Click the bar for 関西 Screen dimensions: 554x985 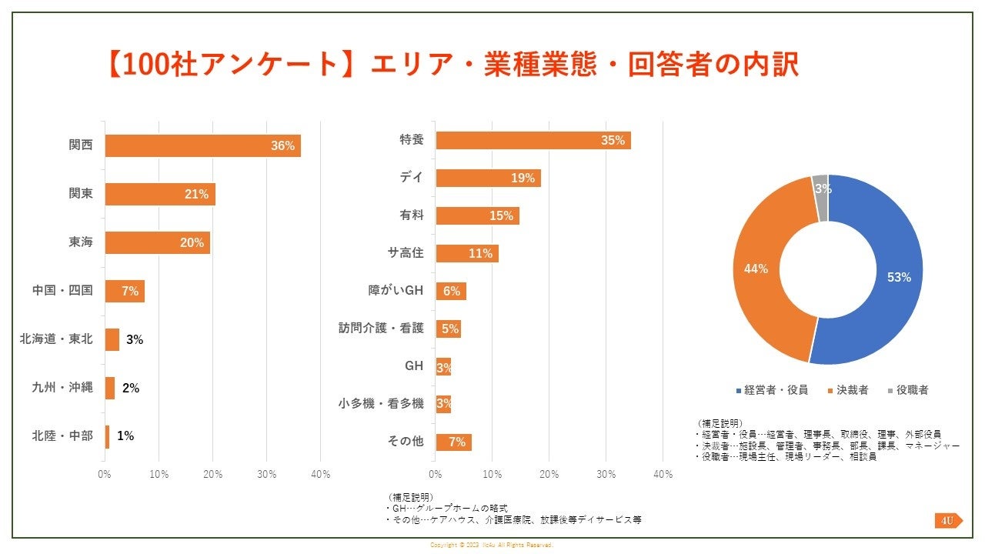202,145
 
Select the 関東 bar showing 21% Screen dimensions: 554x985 160,194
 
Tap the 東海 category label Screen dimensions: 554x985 81,242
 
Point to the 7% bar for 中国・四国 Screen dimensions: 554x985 125,291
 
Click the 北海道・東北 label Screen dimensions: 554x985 56,339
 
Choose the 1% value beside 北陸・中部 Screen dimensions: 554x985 125,436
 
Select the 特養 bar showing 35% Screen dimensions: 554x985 533,140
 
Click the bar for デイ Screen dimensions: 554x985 488,178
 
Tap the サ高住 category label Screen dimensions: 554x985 406,253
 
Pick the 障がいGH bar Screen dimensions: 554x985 451,291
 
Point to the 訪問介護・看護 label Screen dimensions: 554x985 382,328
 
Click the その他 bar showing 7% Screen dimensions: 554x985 453,442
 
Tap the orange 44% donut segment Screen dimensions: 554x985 758,269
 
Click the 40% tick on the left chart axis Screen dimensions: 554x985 321,475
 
